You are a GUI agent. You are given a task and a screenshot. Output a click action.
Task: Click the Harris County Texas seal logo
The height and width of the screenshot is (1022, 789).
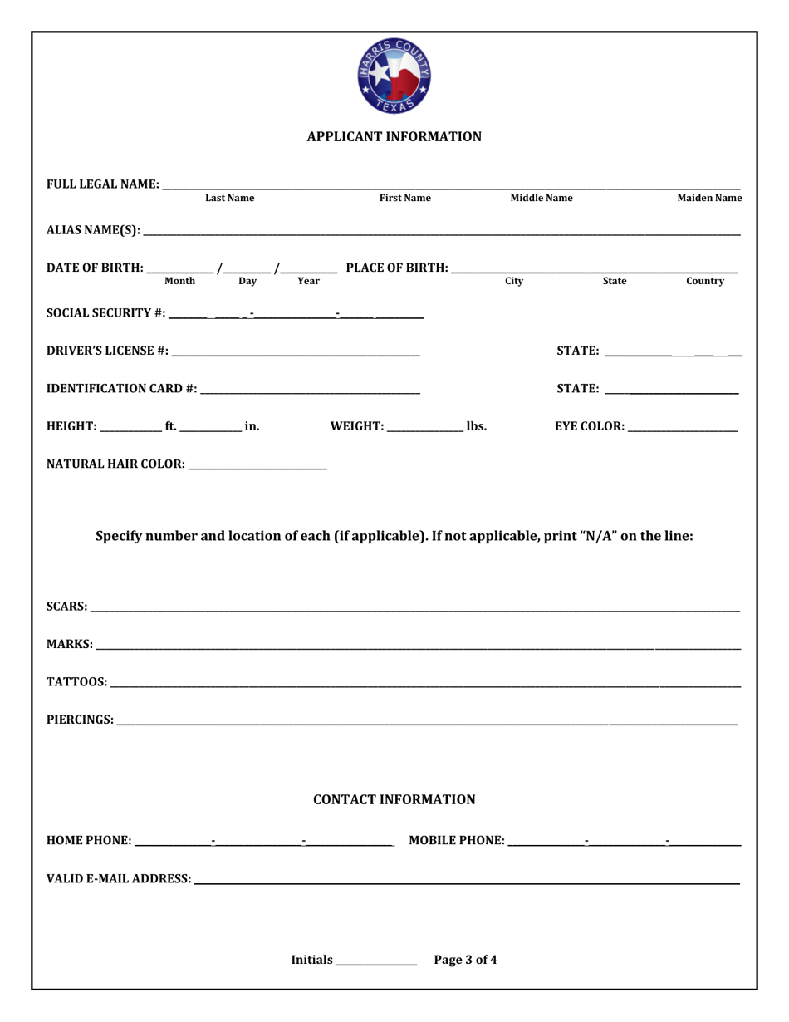(394, 77)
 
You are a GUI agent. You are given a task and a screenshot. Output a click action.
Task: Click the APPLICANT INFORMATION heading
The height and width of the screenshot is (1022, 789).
(394, 136)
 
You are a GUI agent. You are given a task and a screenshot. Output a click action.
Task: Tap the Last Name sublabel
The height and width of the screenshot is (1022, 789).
(229, 199)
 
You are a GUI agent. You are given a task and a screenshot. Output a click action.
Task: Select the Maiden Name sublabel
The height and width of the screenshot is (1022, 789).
(709, 199)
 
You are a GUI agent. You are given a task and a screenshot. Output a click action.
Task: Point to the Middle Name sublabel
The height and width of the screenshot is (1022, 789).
(541, 199)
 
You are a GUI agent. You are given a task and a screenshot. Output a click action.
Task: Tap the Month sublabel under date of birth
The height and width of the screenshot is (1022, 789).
(180, 282)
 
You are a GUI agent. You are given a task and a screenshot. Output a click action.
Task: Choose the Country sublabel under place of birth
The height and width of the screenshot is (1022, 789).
(704, 282)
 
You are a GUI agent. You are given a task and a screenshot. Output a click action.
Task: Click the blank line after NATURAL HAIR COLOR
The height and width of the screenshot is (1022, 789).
(257, 465)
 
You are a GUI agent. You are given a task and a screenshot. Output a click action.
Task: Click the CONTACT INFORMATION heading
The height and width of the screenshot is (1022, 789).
(394, 800)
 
